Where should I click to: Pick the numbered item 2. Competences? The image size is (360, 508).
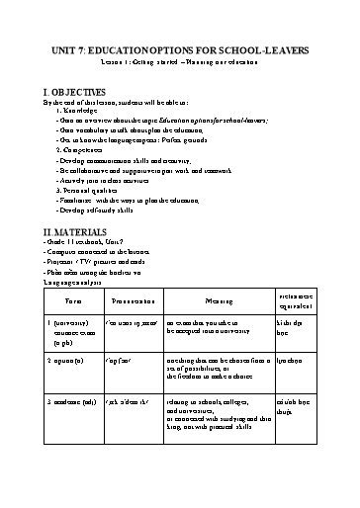click(x=79, y=149)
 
